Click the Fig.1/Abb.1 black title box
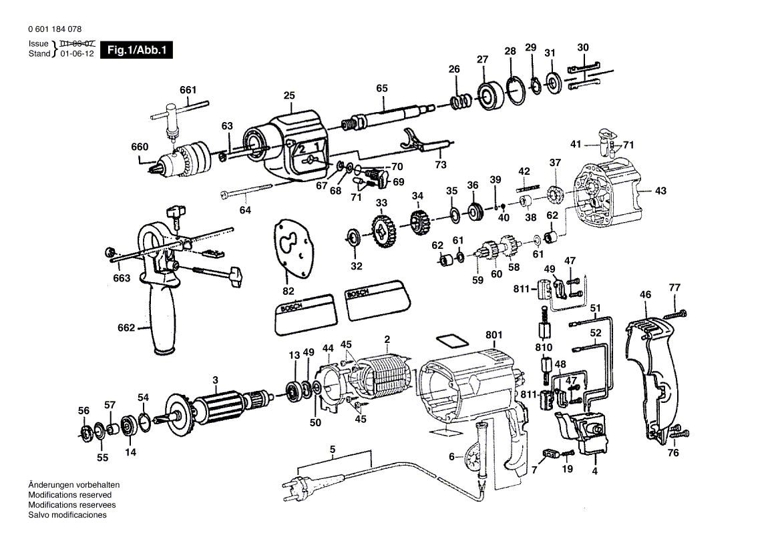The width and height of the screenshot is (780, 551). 136,50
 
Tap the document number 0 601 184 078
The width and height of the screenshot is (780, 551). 55,30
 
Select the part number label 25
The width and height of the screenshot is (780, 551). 288,96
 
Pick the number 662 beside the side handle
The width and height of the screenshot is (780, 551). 126,328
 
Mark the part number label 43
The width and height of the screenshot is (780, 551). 660,191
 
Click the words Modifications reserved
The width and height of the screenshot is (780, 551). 70,495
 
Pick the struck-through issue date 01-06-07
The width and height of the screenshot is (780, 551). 77,43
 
